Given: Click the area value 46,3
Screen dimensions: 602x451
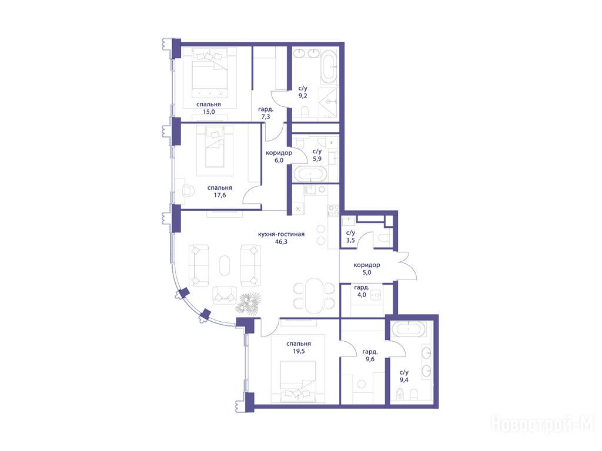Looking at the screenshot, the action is [x=281, y=241].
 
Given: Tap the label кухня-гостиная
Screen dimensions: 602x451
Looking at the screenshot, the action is [x=282, y=234].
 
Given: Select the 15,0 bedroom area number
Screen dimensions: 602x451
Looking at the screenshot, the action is [x=209, y=112].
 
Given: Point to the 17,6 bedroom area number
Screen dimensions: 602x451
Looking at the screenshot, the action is [x=220, y=195].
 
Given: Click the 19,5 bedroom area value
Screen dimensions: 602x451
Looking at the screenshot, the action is [x=298, y=351].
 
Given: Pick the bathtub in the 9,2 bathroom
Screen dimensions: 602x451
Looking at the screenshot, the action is [x=329, y=68].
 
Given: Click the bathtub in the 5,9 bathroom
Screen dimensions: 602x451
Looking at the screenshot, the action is [x=311, y=174].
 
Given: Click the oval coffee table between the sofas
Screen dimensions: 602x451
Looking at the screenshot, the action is [x=225, y=265].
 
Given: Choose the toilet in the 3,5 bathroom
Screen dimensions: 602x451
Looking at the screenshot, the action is [x=384, y=238].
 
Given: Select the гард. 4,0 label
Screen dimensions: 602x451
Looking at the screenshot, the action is [x=362, y=291].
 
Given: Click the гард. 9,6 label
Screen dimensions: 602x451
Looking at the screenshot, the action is [x=370, y=355].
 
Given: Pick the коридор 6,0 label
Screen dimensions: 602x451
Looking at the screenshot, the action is [x=279, y=156].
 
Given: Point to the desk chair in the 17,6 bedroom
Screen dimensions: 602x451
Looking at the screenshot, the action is [x=188, y=191].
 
